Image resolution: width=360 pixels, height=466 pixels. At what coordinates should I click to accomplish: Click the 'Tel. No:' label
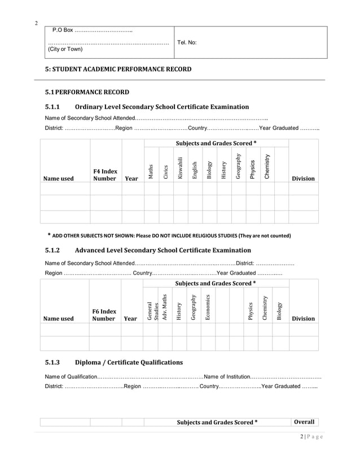click(187, 42)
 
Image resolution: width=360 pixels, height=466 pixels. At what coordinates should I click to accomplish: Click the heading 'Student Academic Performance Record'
click(118, 69)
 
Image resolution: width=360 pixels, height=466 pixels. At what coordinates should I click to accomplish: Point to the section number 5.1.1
click(52, 107)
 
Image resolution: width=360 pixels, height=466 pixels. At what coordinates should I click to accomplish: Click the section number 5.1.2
click(52, 250)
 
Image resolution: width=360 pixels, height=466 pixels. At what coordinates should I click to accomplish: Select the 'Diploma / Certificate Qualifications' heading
click(129, 362)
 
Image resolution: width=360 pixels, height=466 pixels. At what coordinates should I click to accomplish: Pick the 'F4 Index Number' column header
click(105, 175)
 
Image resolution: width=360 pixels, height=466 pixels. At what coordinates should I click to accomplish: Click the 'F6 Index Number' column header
click(104, 315)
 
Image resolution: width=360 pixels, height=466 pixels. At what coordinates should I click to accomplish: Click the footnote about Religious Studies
click(169, 235)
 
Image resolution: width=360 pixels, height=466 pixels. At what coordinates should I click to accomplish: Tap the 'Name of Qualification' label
click(71, 376)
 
